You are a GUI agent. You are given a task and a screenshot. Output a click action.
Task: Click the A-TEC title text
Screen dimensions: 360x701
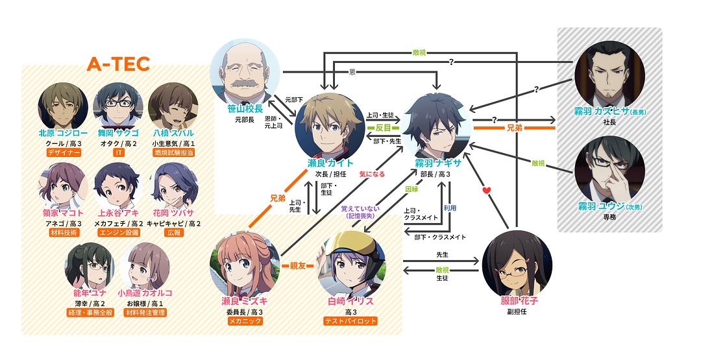119,64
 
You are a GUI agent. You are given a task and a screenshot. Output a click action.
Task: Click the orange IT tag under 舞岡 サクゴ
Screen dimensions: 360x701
118,152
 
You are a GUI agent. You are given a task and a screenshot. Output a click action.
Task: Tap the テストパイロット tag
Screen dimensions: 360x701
351,321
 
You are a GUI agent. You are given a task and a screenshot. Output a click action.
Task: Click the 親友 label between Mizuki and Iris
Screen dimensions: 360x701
298,266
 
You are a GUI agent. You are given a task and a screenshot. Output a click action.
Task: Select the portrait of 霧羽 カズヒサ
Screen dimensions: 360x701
611,71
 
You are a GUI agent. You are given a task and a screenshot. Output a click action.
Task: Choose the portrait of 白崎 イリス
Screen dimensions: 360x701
352,265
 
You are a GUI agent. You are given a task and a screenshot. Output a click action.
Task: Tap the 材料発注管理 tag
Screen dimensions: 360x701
145,313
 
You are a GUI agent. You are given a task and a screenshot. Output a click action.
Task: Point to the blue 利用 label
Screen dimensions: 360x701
450,208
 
